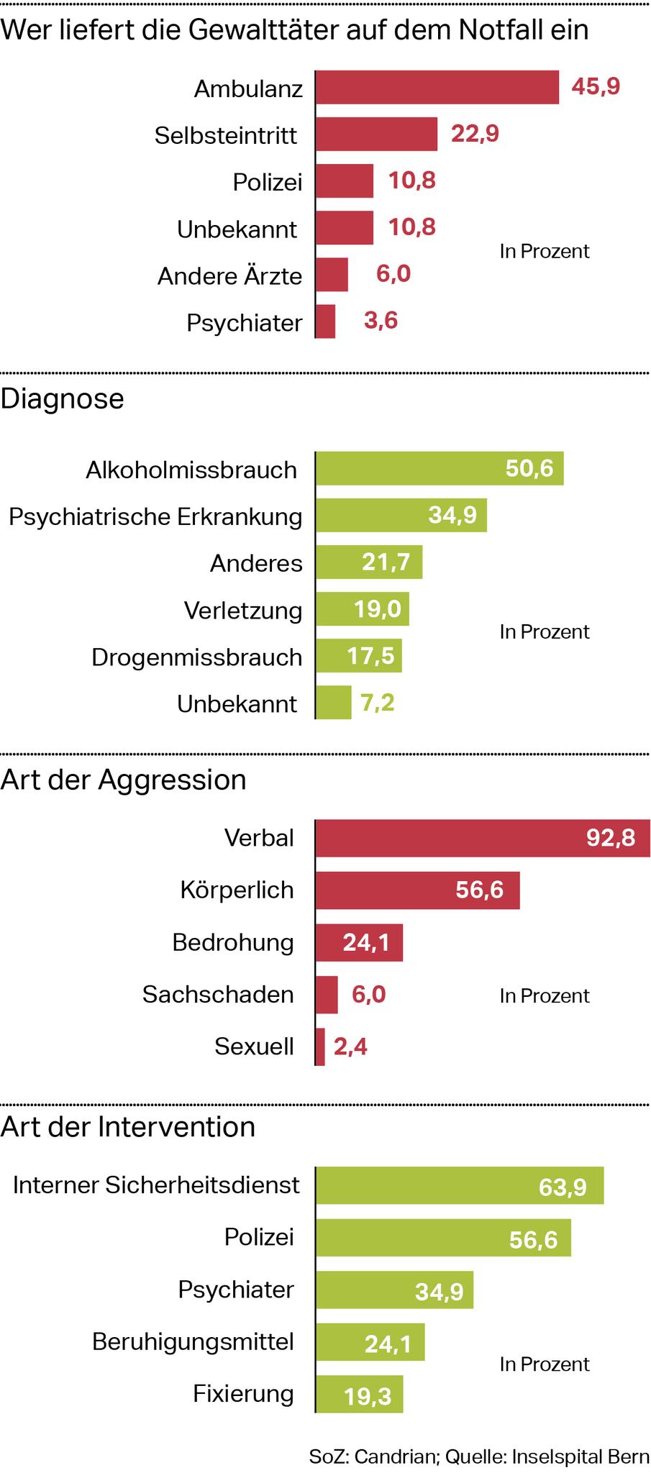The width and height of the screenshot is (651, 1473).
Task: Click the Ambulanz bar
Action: (x=437, y=87)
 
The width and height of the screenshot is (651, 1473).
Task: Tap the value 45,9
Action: (x=595, y=87)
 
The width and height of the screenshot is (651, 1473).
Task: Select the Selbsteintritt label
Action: (x=226, y=135)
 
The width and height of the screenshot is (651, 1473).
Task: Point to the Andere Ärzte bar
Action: (x=332, y=275)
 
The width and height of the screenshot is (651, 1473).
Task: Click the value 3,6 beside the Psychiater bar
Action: (x=381, y=321)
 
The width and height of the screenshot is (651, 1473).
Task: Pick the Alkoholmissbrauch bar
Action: (x=439, y=469)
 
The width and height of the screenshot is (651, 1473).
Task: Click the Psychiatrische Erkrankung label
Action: (x=155, y=516)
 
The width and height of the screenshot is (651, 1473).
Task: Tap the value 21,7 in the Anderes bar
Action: (x=386, y=562)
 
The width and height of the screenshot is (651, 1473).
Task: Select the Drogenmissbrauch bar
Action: (x=358, y=656)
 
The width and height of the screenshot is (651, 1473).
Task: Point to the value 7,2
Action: (x=378, y=703)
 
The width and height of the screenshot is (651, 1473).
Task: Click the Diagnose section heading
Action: (x=63, y=398)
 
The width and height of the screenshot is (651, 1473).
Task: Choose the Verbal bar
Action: (x=482, y=838)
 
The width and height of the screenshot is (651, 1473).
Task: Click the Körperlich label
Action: (x=237, y=890)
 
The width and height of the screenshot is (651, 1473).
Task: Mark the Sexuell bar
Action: (x=320, y=1046)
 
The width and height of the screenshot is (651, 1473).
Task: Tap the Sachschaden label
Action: (x=218, y=995)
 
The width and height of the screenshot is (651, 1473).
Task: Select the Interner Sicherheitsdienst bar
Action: (x=459, y=1185)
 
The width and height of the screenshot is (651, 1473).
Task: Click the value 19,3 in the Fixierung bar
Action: (x=368, y=1396)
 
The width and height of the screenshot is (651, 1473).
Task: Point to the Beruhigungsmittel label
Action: (x=194, y=1342)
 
